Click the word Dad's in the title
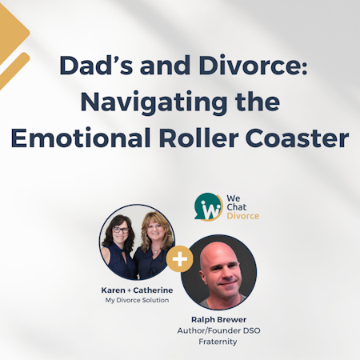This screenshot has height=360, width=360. pos(96,66)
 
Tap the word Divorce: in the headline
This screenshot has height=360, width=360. pos(254,66)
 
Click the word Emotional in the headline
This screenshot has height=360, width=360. pos(81,138)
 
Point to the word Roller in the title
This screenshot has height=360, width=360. pos(198,138)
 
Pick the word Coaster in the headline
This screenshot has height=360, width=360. pos(298,138)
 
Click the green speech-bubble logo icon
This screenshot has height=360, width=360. pos(209,207)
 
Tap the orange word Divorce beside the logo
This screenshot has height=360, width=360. pos(243,216)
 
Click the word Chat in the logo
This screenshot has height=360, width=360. pos(237,207)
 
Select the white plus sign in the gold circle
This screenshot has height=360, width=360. pos(180,259)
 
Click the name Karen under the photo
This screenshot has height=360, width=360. pos(113,290)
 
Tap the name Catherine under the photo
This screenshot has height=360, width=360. pos(153,290)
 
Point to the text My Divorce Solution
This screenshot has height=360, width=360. pos(137,300)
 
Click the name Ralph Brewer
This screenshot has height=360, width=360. pos(218,319)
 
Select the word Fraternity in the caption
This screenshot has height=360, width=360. pos(218,342)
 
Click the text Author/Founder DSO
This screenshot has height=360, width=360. pos(218,330)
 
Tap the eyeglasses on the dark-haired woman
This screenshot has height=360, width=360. pos(121,230)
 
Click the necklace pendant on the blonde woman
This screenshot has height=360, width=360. pos(156,251)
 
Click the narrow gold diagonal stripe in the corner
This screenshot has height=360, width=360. pos(14,70)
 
